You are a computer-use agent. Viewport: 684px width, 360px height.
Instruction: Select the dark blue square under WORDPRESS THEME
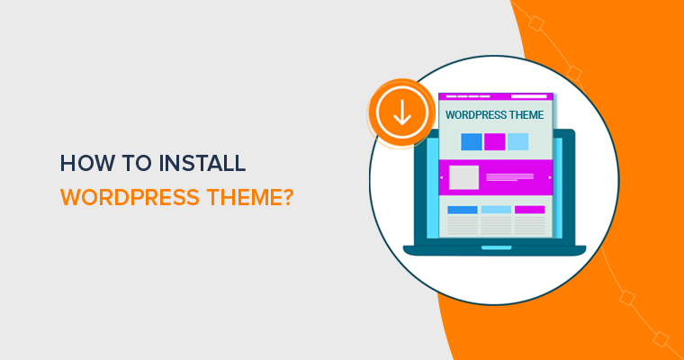[x=471, y=141]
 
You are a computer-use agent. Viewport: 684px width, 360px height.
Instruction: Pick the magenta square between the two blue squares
[x=494, y=141]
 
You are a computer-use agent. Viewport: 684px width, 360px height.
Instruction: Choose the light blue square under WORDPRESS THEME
[x=517, y=141]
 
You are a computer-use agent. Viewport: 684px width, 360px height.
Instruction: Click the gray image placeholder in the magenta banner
[x=463, y=177]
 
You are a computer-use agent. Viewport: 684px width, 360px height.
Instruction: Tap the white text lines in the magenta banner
[x=514, y=177]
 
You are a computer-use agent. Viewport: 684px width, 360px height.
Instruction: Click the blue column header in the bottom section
[x=463, y=210]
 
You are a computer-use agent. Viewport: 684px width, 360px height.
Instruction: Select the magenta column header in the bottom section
[x=529, y=210]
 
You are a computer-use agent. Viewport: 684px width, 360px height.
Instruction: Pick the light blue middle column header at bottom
[x=496, y=210]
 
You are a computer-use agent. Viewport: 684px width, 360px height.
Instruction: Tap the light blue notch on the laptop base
[x=494, y=247]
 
